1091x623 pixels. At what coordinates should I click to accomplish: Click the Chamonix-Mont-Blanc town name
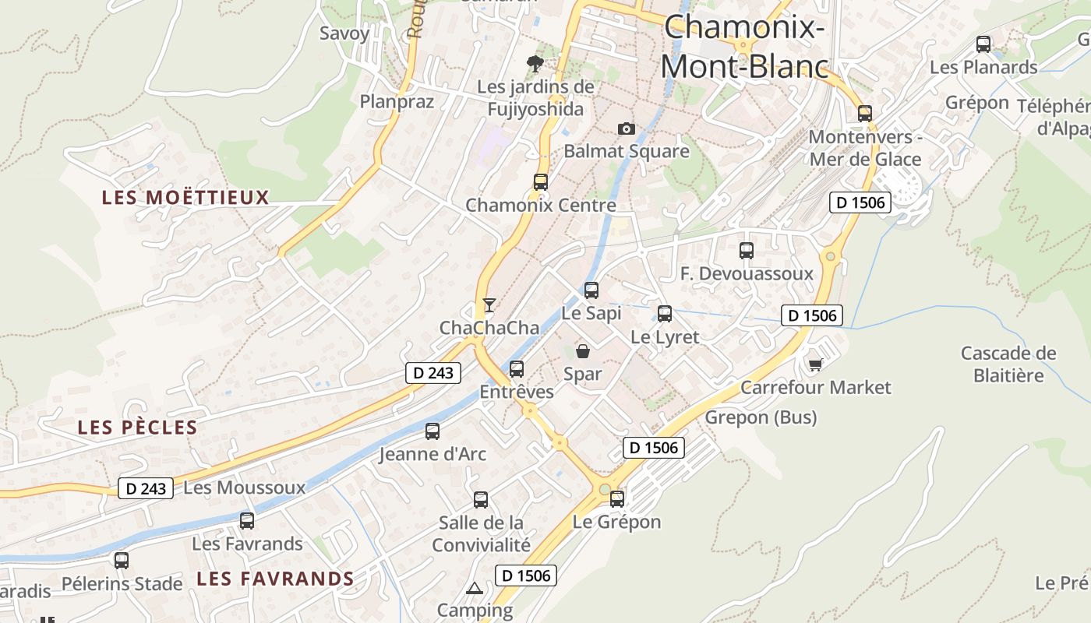(x=744, y=47)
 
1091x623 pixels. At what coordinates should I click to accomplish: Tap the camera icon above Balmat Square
(x=626, y=128)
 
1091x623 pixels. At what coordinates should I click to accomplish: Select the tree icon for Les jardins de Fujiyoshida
(x=535, y=64)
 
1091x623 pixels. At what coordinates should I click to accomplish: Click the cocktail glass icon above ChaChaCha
(x=489, y=304)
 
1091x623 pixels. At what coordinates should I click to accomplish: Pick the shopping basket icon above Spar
(x=583, y=351)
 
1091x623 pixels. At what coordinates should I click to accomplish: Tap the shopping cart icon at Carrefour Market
(x=815, y=364)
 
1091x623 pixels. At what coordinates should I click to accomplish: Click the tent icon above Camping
(x=474, y=587)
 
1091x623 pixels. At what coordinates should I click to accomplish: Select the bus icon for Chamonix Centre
(x=540, y=182)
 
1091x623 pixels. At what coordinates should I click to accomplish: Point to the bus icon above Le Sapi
(x=591, y=290)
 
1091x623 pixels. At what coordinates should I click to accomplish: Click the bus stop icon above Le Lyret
(x=664, y=314)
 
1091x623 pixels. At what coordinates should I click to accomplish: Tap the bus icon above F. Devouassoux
(x=746, y=251)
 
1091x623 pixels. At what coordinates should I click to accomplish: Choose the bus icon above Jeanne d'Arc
(x=432, y=431)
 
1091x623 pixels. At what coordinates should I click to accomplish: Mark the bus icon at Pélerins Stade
(x=121, y=560)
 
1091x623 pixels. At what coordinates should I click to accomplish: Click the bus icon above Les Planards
(x=983, y=44)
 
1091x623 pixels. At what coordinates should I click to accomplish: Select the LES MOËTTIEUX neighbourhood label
(x=185, y=198)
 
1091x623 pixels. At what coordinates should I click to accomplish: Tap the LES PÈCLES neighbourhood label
(x=137, y=428)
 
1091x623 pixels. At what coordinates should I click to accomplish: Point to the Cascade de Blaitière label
(x=1008, y=364)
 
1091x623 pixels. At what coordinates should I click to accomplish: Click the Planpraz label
(x=397, y=101)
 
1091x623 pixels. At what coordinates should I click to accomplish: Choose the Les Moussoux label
(x=244, y=488)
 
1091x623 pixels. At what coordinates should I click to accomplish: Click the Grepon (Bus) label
(x=761, y=418)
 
